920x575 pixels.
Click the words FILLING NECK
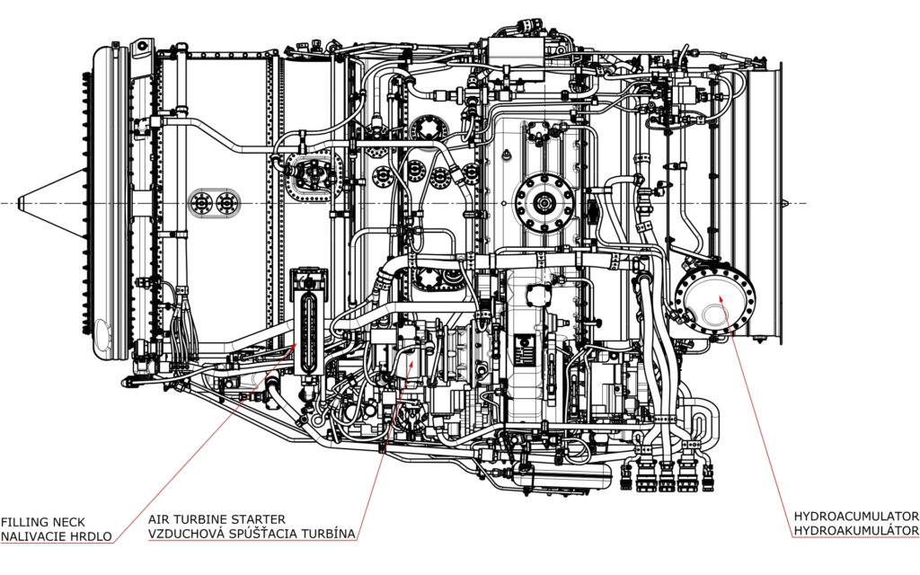click(x=43, y=522)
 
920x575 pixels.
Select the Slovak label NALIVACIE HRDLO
click(x=56, y=536)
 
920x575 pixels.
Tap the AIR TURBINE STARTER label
click(x=217, y=520)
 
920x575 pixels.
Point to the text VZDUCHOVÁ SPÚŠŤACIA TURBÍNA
click(x=252, y=534)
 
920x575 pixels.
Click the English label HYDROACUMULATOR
click(x=856, y=517)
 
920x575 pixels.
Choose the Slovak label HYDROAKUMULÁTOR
click(x=856, y=530)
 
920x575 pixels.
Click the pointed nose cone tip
click(x=20, y=203)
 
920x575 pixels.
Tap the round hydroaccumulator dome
click(x=714, y=300)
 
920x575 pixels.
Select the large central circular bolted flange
click(x=544, y=204)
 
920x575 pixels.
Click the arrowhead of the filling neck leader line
click(x=295, y=346)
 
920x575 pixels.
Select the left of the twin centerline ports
click(x=202, y=203)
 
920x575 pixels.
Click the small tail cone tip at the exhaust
click(x=786, y=204)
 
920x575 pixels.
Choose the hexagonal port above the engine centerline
click(x=429, y=129)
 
